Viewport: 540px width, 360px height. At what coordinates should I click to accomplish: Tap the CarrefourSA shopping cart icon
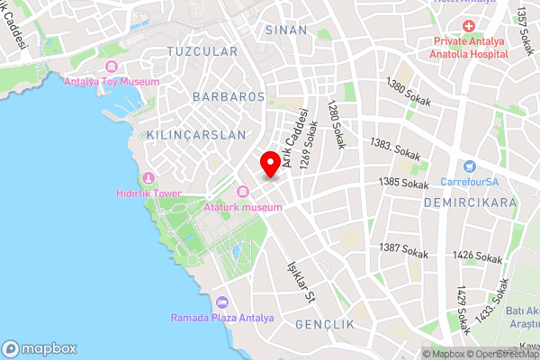click(x=469, y=166)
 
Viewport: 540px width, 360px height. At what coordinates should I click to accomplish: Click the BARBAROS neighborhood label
click(x=228, y=94)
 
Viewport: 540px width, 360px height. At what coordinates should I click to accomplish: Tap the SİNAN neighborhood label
click(x=286, y=30)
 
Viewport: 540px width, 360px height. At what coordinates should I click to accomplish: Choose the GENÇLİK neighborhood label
click(x=319, y=323)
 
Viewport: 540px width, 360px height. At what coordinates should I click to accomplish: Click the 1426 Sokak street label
click(x=478, y=257)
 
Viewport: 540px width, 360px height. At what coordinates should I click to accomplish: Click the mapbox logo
click(x=40, y=348)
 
